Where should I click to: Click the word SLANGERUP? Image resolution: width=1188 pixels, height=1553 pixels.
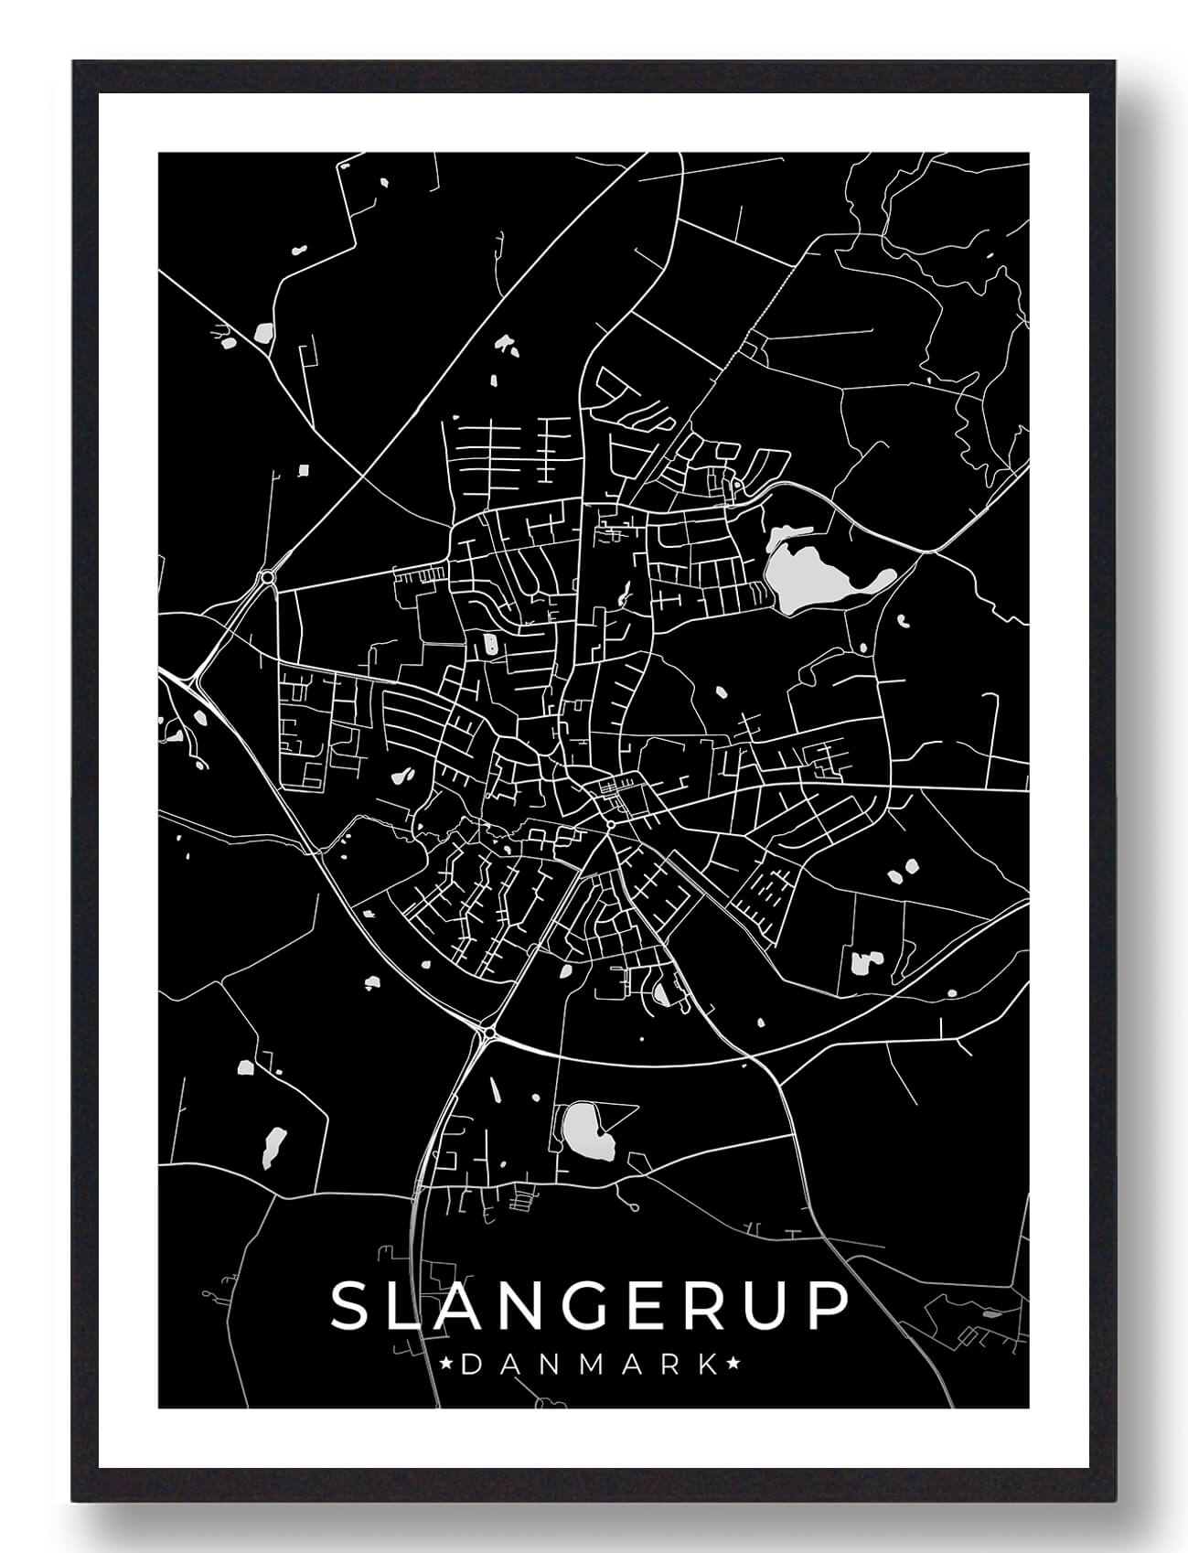[x=590, y=1305]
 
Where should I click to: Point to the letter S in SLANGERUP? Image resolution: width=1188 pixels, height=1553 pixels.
[x=350, y=1305]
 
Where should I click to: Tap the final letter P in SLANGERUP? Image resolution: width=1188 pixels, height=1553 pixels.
[x=829, y=1305]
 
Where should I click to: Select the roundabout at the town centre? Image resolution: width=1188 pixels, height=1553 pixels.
[x=609, y=826]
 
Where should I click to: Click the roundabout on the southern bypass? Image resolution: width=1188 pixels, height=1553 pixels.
[x=490, y=1033]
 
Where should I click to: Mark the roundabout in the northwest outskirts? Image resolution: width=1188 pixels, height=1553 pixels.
[x=267, y=577]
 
